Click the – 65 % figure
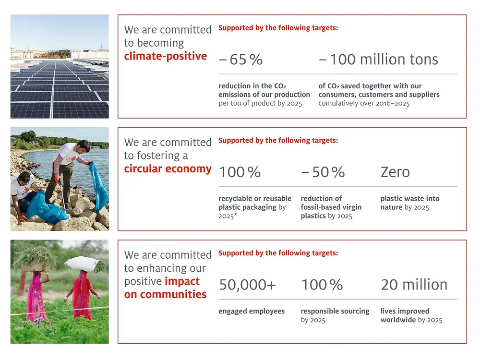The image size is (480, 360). (241, 60)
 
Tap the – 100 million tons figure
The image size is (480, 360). (378, 60)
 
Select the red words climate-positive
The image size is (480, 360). (166, 56)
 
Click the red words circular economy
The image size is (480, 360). (168, 169)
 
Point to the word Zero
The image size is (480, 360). (395, 172)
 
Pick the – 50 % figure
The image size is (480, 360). (323, 172)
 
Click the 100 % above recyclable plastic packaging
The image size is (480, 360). (240, 172)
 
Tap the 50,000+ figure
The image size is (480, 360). (248, 285)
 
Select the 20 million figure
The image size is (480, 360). (414, 285)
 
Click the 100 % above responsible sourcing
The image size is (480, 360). (322, 285)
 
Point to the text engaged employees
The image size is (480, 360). (252, 311)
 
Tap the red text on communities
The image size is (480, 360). (165, 294)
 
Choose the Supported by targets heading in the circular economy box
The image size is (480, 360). (278, 141)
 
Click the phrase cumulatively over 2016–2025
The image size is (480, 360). (364, 103)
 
